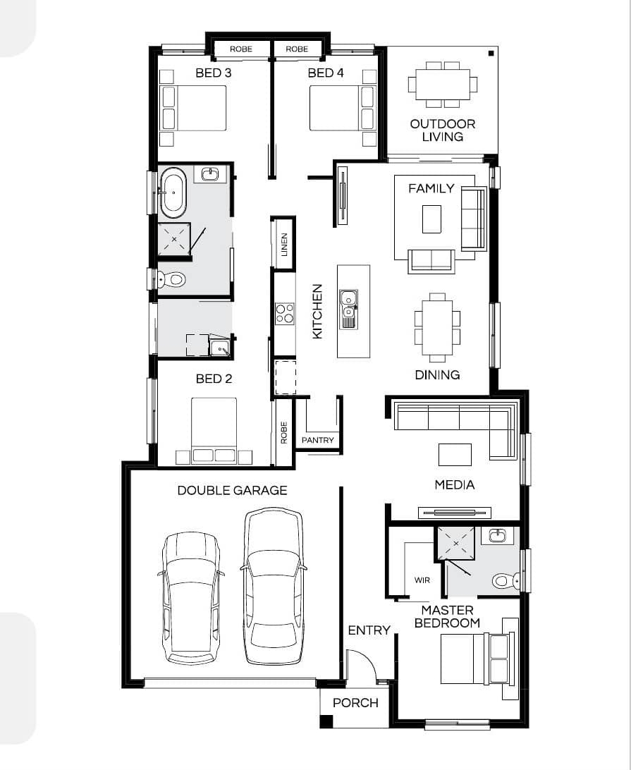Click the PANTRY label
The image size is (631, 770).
click(317, 440)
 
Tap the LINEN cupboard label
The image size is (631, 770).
click(284, 244)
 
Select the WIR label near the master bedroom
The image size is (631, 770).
click(422, 580)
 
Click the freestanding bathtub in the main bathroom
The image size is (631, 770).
click(173, 193)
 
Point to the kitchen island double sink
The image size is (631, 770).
click(349, 309)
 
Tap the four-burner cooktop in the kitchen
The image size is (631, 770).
click(285, 313)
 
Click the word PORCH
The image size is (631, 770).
click(355, 703)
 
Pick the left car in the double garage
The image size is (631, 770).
click(190, 598)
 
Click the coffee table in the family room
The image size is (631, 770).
click(431, 219)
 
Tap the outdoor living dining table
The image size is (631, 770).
click(443, 85)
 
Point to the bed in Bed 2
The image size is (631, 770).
click(214, 430)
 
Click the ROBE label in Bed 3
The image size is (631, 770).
click(240, 49)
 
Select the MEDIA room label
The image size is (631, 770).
click(455, 485)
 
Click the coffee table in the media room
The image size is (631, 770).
click(455, 455)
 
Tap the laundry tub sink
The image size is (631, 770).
click(219, 347)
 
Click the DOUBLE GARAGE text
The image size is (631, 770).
click(232, 490)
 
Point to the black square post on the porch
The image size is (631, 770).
click(326, 721)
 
